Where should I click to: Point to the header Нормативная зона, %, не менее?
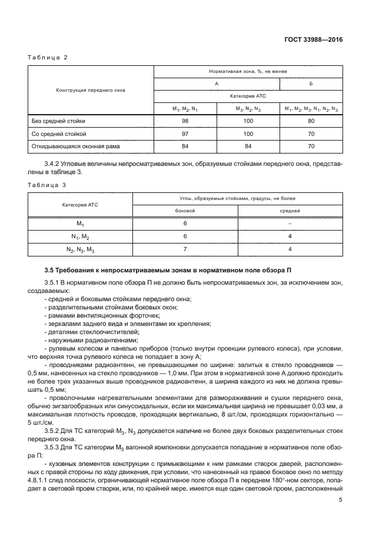[248, 71]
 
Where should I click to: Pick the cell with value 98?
[185, 121]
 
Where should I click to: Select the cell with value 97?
[185, 134]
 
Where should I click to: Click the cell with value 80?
[311, 121]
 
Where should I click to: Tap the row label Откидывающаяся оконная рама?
[70, 146]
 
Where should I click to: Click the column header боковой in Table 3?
[185, 210]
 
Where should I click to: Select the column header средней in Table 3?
[290, 210]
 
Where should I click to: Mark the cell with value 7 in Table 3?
[185, 248]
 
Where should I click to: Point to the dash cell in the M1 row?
[290, 223]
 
